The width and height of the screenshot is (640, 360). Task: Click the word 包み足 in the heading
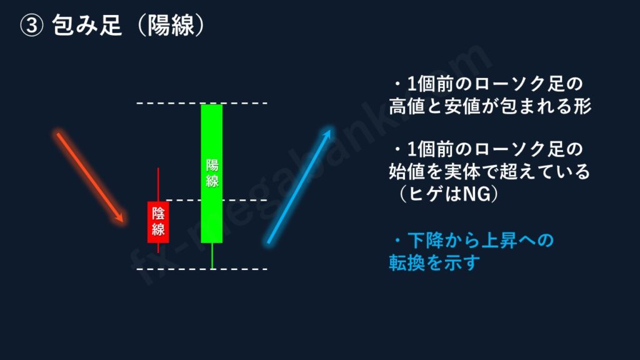(87, 25)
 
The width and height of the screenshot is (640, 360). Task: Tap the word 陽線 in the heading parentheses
(171, 25)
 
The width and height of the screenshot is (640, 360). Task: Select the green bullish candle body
(212, 174)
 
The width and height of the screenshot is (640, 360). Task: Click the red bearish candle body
(158, 222)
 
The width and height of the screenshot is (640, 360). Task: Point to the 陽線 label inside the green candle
(212, 173)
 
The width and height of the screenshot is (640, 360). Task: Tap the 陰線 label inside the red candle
(158, 221)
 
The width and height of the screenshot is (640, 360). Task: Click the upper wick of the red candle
(158, 184)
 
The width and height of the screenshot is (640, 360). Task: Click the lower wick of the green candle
(212, 256)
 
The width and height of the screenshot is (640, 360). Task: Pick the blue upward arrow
(299, 186)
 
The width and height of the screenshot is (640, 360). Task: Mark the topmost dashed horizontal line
(202, 103)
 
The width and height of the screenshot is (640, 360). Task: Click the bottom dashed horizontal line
(202, 269)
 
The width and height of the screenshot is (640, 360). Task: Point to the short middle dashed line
(217, 200)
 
